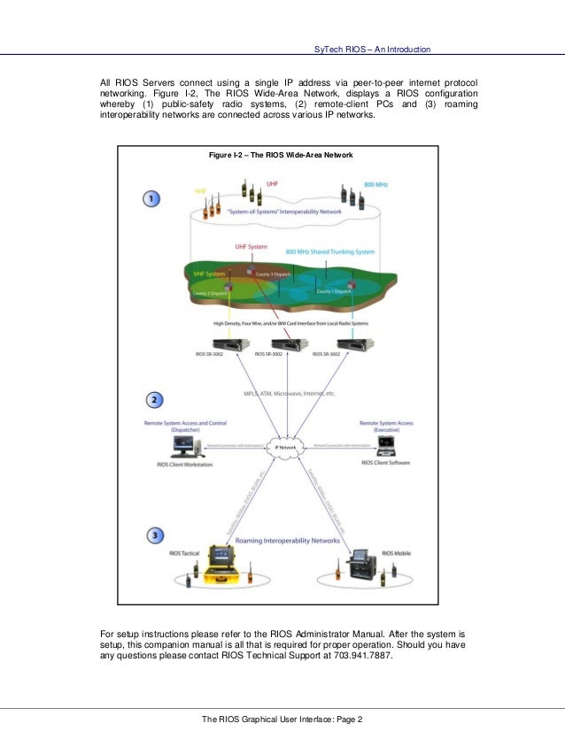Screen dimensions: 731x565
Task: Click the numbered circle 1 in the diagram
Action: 152,199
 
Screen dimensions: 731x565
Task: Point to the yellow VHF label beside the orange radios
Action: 202,190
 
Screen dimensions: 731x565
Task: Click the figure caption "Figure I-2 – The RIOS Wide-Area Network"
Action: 281,155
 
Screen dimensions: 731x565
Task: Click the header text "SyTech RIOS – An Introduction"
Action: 373,49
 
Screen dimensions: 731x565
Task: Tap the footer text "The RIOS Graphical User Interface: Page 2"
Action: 282,718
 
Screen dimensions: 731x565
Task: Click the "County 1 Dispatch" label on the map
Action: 336,291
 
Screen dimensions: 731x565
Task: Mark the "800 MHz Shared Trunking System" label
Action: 330,252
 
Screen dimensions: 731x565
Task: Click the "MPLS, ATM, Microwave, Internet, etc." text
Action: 282,393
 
